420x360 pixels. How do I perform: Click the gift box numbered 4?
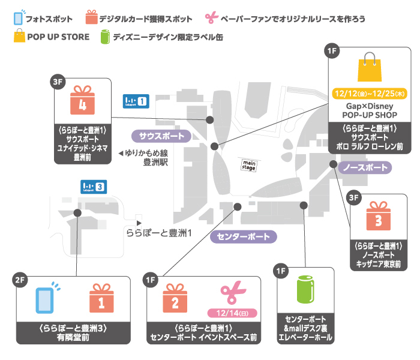coord(83,101)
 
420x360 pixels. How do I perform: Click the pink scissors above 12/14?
coord(231,294)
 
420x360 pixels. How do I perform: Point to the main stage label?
coord(249,164)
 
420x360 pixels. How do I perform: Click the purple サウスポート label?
coord(161,136)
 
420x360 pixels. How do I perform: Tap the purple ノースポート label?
coord(364,167)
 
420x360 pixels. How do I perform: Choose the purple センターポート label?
coord(244,237)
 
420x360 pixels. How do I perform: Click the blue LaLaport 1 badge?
coord(135,101)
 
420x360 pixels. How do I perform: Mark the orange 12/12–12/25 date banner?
coord(369,94)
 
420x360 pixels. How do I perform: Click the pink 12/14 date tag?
coord(232,313)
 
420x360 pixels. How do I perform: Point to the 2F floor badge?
coord(20,280)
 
